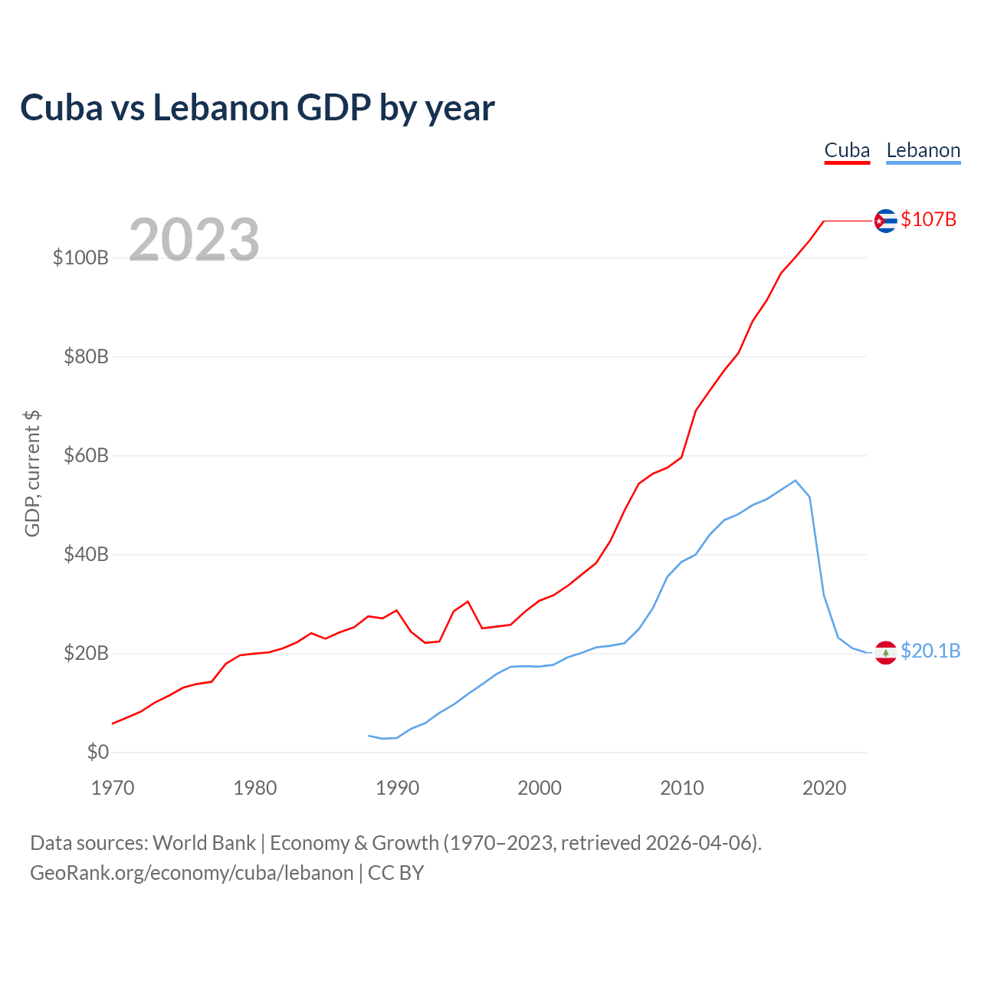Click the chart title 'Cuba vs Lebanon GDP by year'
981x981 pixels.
pyautogui.click(x=257, y=108)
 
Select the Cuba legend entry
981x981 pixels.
pyautogui.click(x=847, y=151)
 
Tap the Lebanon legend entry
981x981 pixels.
pyautogui.click(x=923, y=151)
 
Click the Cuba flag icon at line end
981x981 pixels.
pyautogui.click(x=885, y=221)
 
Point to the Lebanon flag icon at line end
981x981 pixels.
pyautogui.click(x=885, y=652)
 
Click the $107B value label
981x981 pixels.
pyautogui.click(x=928, y=219)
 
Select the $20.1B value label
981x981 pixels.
pyautogui.click(x=930, y=651)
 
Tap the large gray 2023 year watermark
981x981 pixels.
pyautogui.click(x=194, y=239)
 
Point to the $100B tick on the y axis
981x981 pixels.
pyautogui.click(x=80, y=258)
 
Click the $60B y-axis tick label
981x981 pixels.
pyautogui.click(x=86, y=455)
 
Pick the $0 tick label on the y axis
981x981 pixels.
pyautogui.click(x=98, y=751)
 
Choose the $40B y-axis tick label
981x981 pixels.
pyautogui.click(x=86, y=554)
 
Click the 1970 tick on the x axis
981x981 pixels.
pyautogui.click(x=113, y=788)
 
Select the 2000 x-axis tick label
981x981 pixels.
pyautogui.click(x=539, y=788)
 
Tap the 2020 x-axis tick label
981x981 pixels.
pyautogui.click(x=824, y=788)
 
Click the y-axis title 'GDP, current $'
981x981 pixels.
pyautogui.click(x=32, y=474)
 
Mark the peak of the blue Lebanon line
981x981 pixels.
pyautogui.click(x=796, y=480)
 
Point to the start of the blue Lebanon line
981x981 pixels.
pyautogui.click(x=369, y=736)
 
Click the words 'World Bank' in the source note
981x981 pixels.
pyautogui.click(x=204, y=843)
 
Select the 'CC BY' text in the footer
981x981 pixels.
pyautogui.click(x=395, y=873)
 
